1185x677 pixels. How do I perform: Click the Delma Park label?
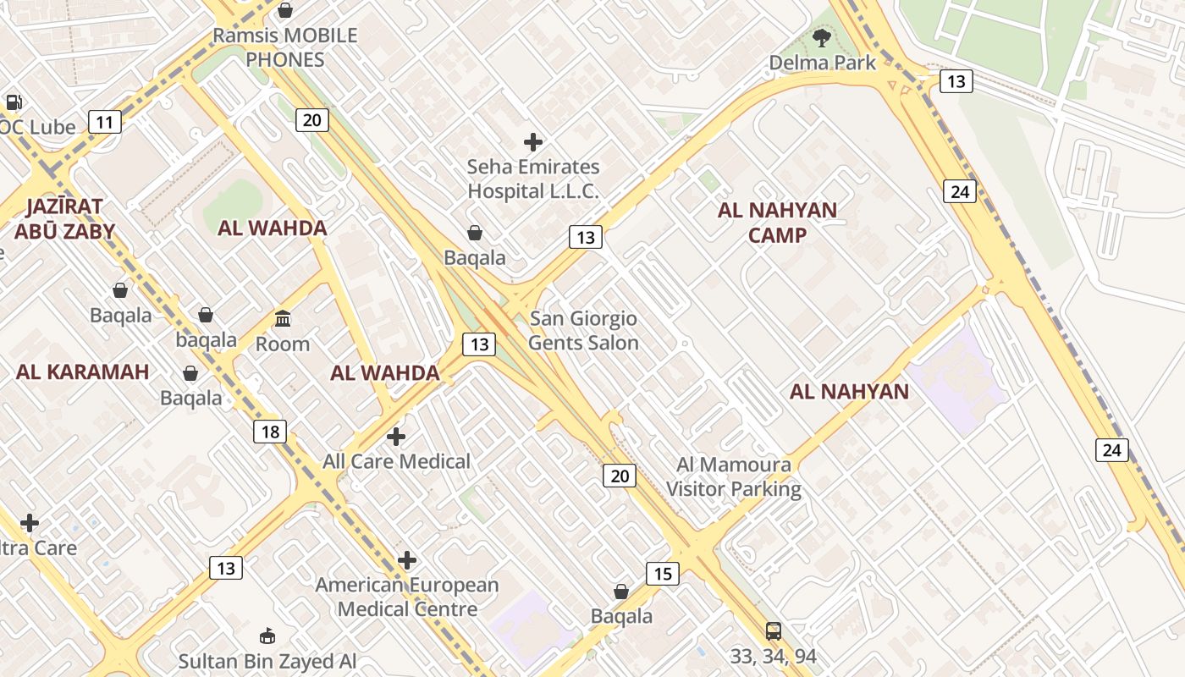click(x=822, y=63)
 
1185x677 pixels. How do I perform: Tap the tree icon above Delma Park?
click(x=820, y=37)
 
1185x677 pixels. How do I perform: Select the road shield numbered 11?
click(x=104, y=123)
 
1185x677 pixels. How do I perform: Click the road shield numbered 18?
click(x=270, y=432)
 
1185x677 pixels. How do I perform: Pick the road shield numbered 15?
click(x=663, y=575)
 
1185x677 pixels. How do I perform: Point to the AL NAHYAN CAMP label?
click(x=777, y=223)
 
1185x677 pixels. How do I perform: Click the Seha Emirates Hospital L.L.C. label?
click(x=533, y=179)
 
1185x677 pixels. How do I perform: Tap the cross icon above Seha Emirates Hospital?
click(x=533, y=141)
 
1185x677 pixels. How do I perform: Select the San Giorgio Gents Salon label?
click(x=583, y=331)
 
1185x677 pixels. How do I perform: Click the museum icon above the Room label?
click(x=283, y=319)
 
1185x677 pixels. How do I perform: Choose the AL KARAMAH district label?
click(x=82, y=372)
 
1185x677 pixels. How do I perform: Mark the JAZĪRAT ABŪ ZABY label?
click(x=64, y=219)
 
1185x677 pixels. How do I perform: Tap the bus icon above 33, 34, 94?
click(x=773, y=630)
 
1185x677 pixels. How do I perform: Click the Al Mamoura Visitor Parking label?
click(x=734, y=476)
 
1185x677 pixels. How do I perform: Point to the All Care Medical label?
click(x=396, y=461)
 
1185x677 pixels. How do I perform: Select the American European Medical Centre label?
click(x=407, y=597)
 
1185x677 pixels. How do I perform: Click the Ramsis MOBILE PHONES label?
click(x=285, y=47)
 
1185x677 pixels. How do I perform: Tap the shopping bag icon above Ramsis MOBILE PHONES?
click(x=285, y=10)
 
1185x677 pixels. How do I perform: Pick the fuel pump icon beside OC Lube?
click(x=14, y=102)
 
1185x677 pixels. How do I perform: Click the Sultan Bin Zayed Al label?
click(x=267, y=661)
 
